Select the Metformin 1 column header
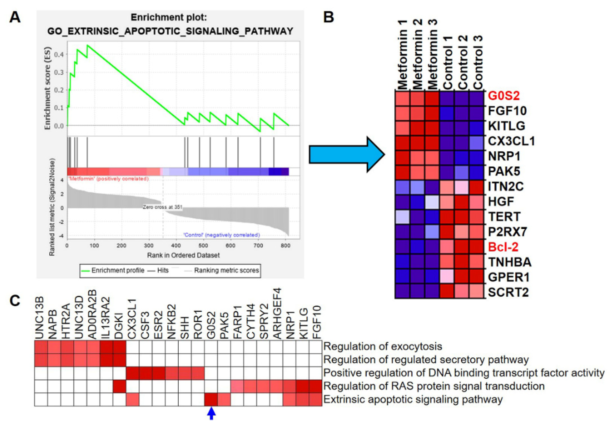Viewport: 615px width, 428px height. pos(402,55)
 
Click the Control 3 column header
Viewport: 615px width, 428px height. pos(478,63)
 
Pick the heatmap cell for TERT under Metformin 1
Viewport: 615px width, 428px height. pos(402,216)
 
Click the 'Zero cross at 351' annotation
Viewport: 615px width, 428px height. pos(162,207)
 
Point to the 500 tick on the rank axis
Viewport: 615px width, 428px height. pos(203,246)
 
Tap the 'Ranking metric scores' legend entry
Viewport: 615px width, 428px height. pos(226,271)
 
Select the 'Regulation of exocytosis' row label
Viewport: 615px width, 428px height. pos(382,346)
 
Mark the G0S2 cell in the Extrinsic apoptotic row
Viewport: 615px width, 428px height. pos(211,399)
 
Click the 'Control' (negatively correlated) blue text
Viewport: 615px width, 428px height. pos(221,235)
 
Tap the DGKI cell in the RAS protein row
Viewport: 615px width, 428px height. pos(119,386)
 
